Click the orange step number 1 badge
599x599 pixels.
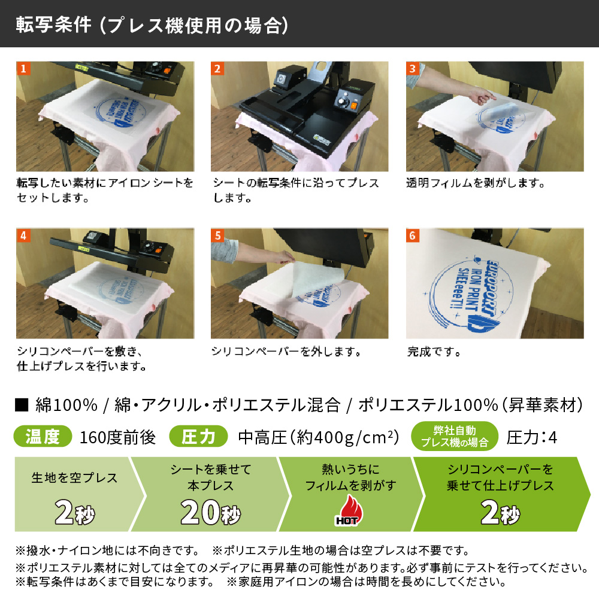pos(23,68)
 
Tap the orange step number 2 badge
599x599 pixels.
pos(217,68)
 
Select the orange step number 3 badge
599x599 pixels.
pos(413,68)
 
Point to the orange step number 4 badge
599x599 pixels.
pos(23,235)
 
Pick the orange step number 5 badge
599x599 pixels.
pos(217,235)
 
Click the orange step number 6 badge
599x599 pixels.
pos(413,235)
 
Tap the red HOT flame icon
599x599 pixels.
pos(349,510)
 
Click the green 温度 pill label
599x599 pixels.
pos(43,436)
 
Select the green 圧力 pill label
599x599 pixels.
pos(199,436)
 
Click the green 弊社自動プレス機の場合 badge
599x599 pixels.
pos(455,436)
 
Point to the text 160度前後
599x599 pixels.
pos(117,437)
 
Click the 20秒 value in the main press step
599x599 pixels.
pos(210,512)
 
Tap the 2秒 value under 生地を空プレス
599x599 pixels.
pos(74,512)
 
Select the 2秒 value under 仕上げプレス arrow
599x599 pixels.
pos(500,512)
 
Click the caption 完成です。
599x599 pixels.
pos(434,352)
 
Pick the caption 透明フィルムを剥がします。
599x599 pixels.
pos(476,183)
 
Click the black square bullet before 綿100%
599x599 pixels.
pos(22,405)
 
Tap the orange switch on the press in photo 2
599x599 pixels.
pos(354,106)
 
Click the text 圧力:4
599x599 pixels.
pos(532,437)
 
